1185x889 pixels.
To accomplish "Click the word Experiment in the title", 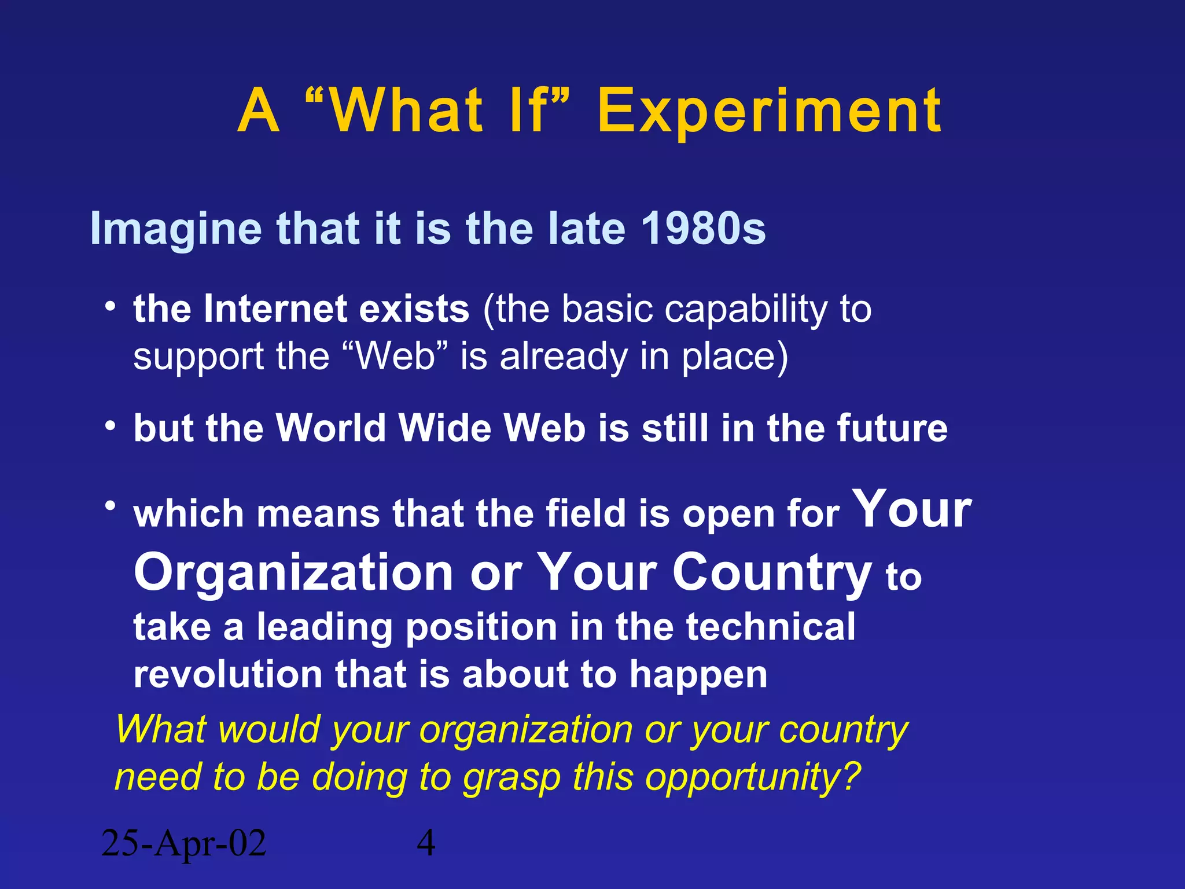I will click(x=770, y=111).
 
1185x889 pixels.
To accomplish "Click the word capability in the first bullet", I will click(x=746, y=310).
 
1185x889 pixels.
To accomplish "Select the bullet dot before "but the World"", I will click(x=110, y=426).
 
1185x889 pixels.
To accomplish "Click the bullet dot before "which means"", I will click(x=110, y=506).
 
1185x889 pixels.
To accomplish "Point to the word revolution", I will click(x=227, y=675).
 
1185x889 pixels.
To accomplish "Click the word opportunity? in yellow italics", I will click(x=753, y=777).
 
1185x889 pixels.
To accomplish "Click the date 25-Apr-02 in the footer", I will click(x=183, y=844).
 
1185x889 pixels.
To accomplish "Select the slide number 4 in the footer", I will click(x=426, y=844).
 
